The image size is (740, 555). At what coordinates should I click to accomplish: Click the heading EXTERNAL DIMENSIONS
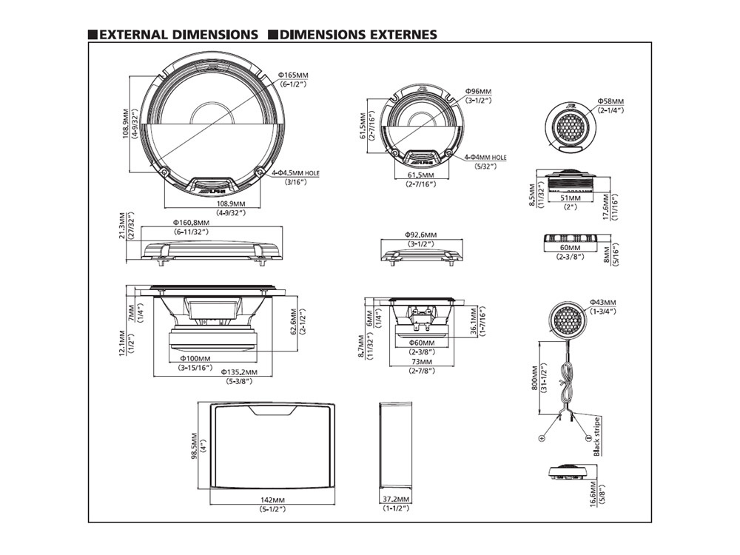pos(178,35)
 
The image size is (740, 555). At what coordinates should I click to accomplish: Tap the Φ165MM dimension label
pos(293,75)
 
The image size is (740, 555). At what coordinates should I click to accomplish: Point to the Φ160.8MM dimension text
pos(191,222)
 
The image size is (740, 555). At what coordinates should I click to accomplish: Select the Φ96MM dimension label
pos(478,90)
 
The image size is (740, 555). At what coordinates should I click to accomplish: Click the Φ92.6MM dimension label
pos(420,234)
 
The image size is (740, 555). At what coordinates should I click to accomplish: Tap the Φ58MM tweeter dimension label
pos(610,101)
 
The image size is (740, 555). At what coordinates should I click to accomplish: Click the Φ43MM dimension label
pos(604,302)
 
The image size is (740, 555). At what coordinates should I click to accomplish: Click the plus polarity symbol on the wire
pos(542,438)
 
